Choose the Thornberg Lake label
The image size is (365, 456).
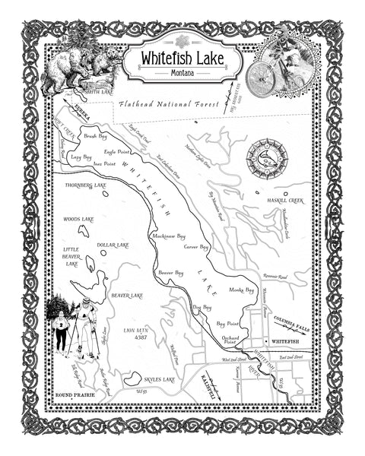86,185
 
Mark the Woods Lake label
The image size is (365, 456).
78,219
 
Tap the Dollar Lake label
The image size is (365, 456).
113,245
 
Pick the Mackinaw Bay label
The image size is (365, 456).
169,236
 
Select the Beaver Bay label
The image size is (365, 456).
170,271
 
